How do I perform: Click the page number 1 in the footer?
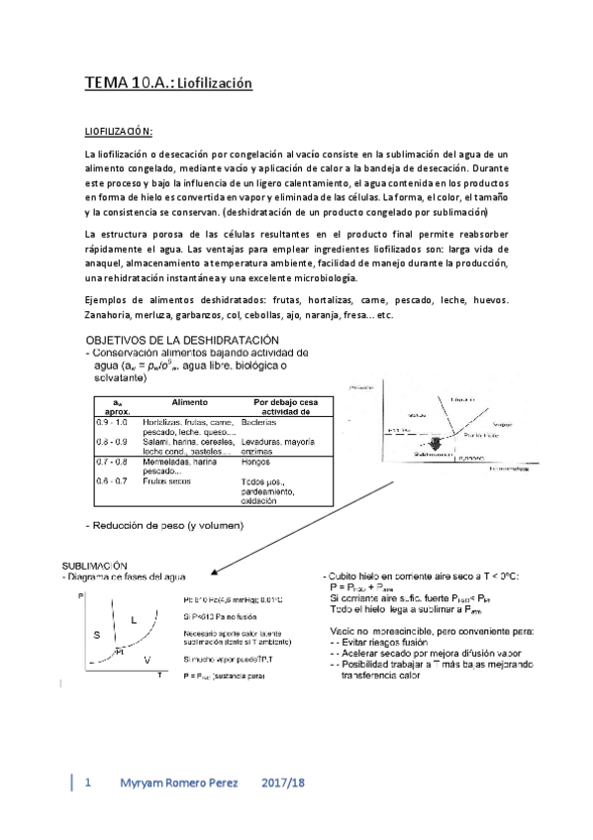[88, 783]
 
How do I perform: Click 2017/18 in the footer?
[284, 783]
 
